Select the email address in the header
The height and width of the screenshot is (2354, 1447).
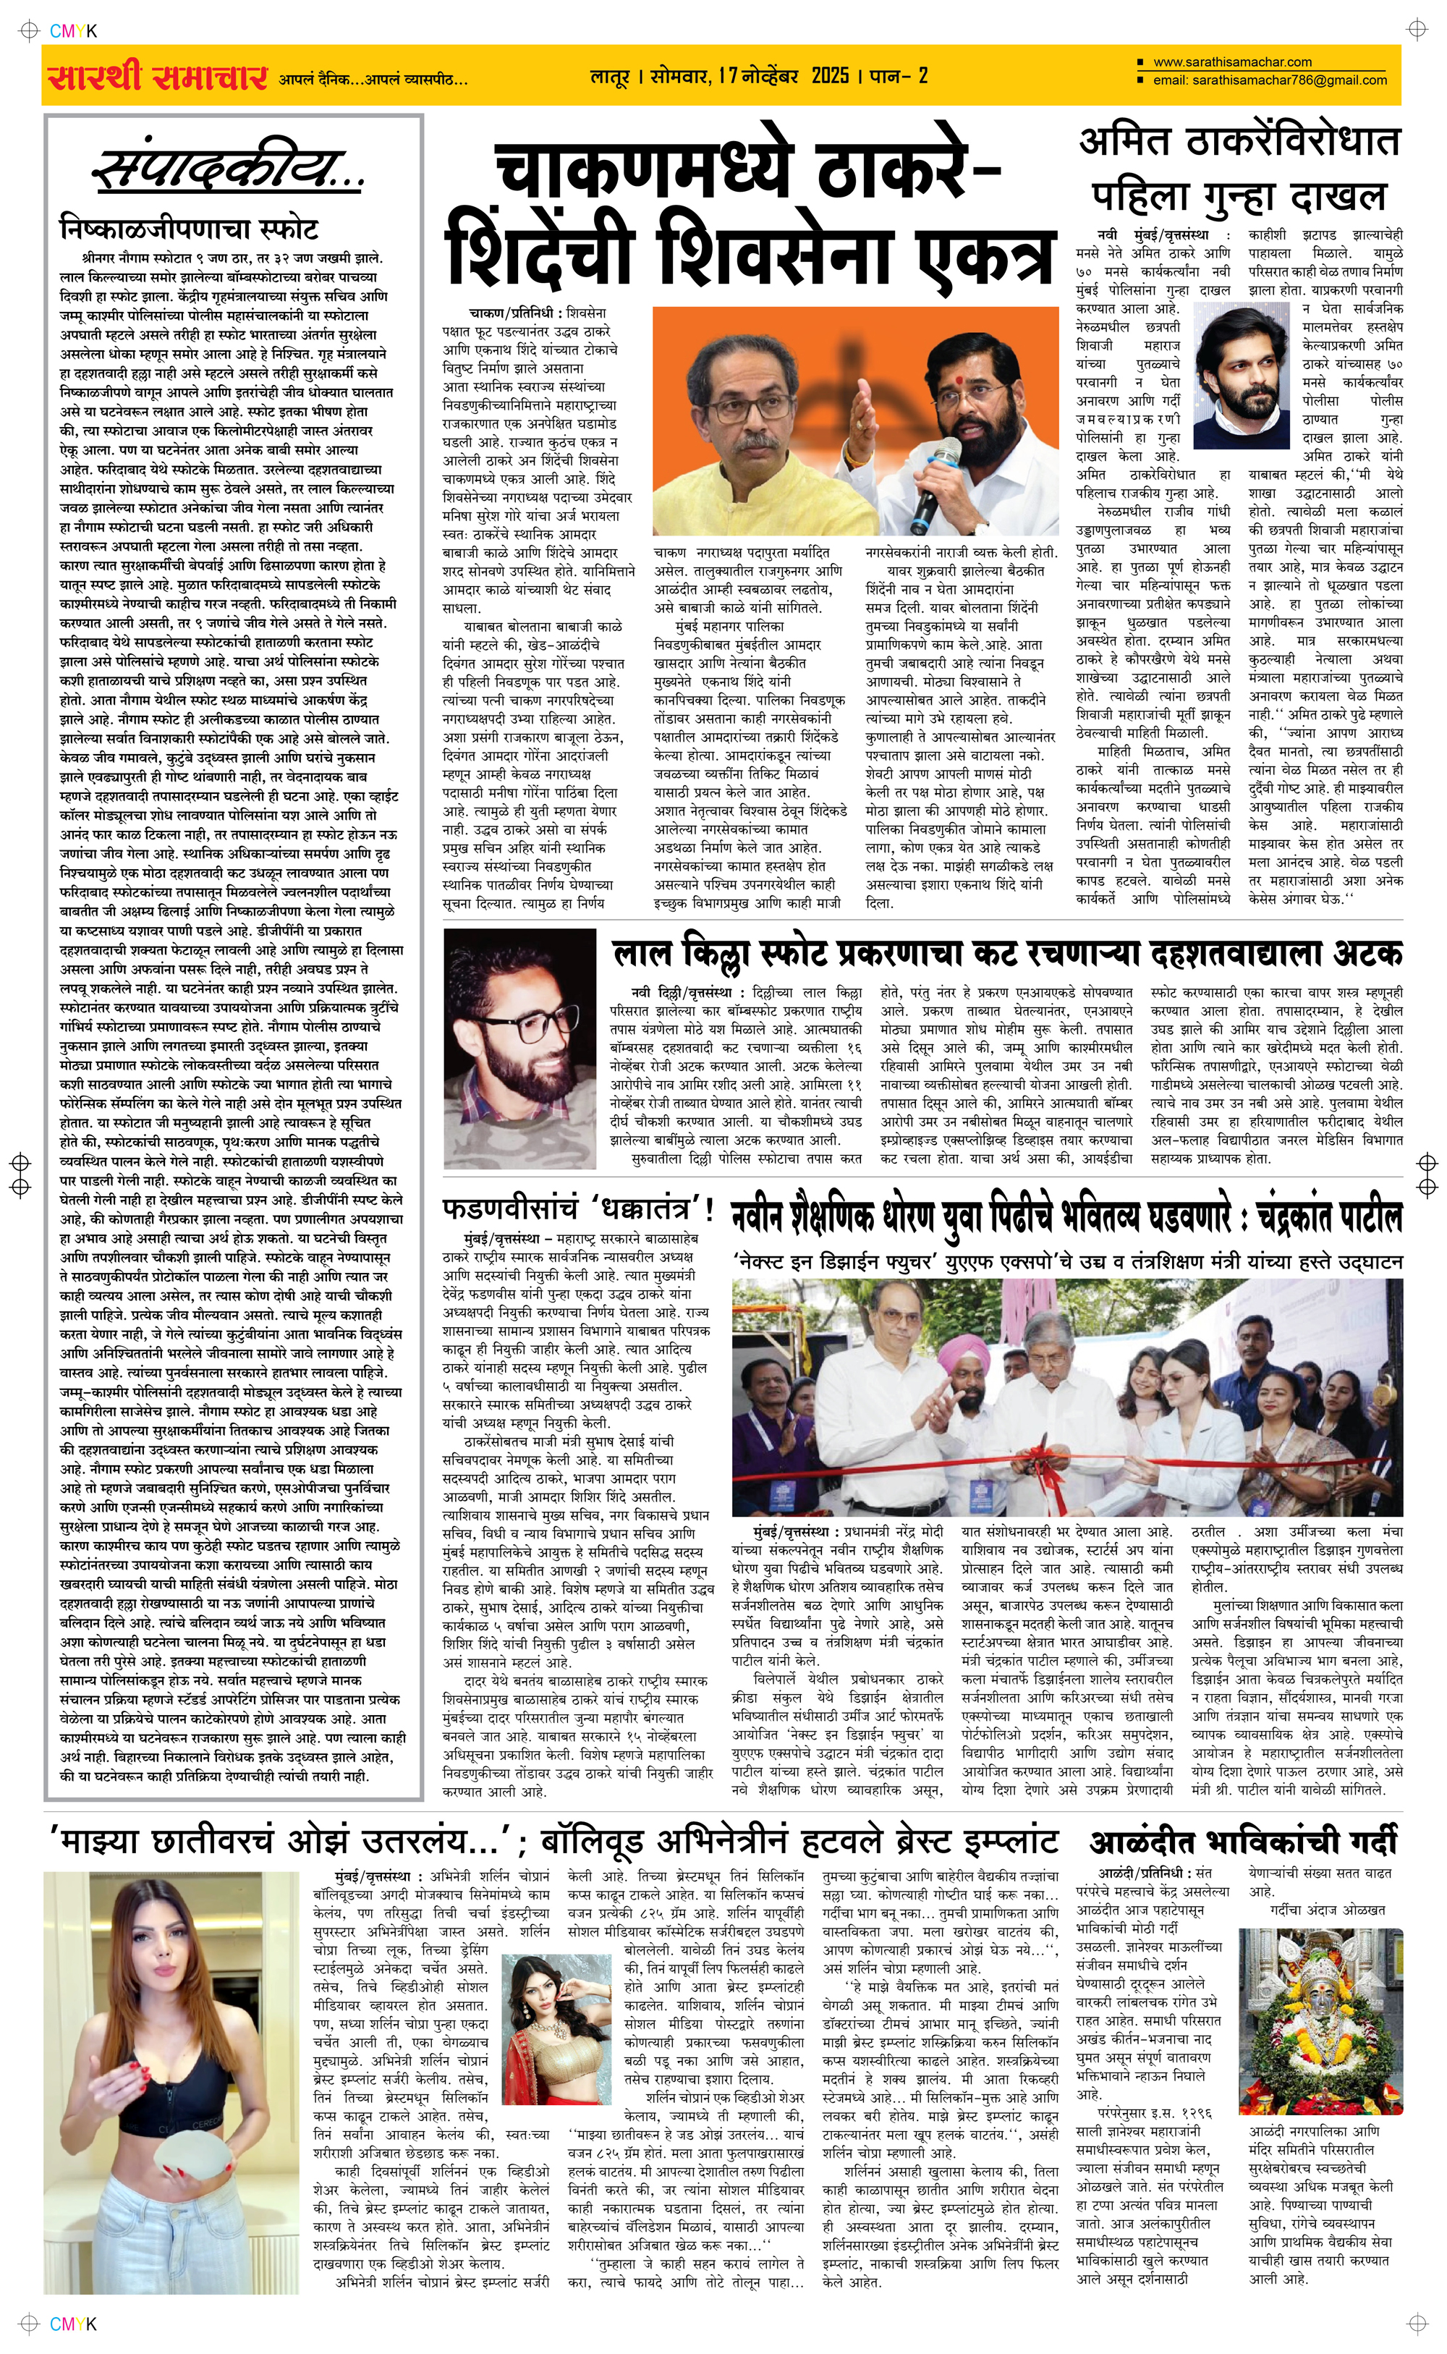coord(1270,80)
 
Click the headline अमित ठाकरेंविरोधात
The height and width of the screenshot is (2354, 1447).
coord(1239,143)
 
